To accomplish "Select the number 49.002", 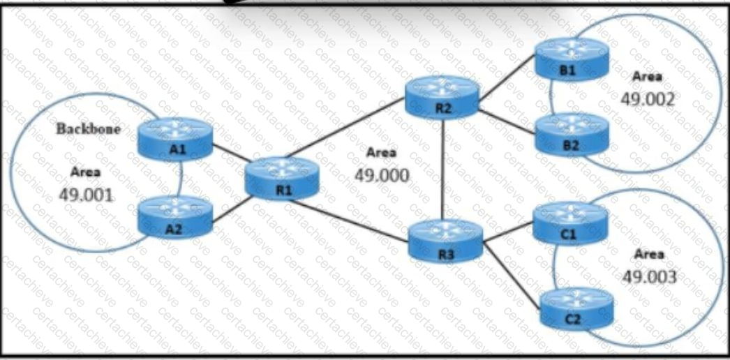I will pos(648,98).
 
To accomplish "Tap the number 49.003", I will pos(649,277).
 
